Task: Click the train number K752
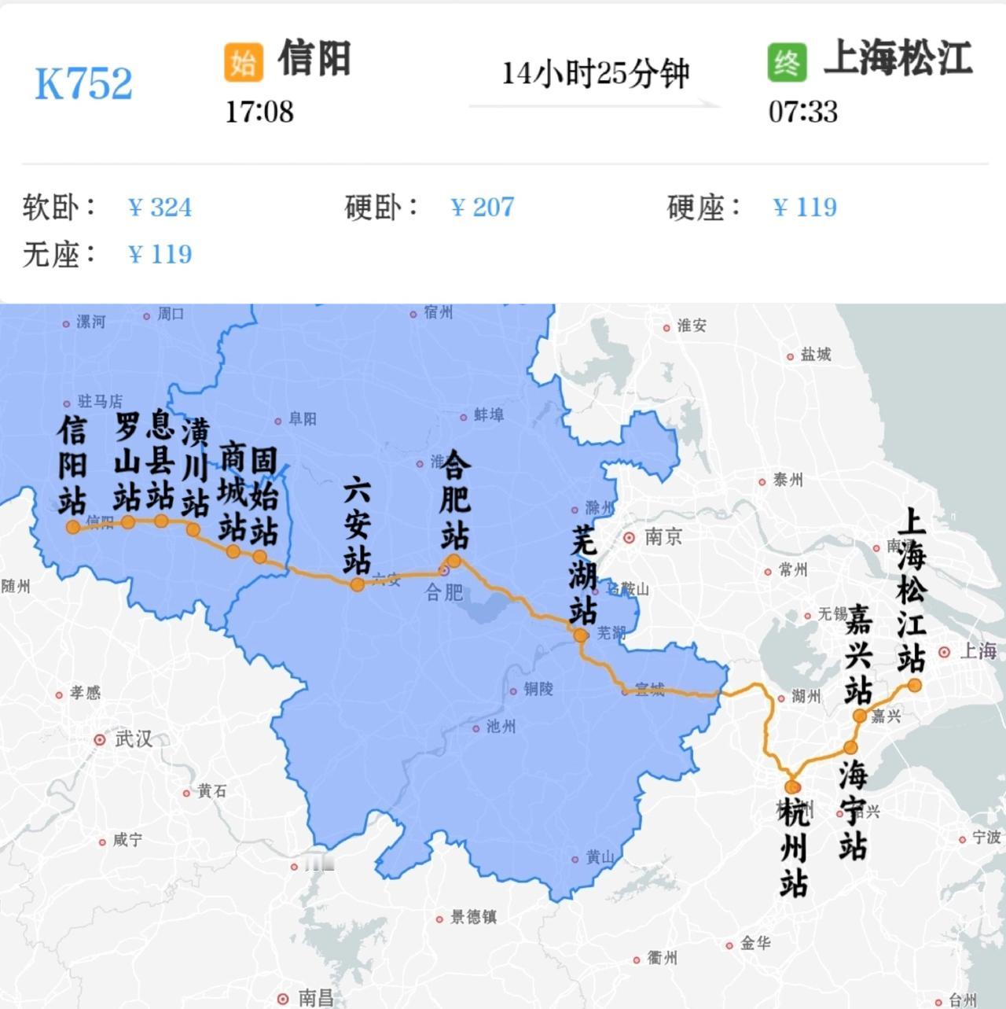83,83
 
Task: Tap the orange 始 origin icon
243,62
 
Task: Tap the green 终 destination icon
787,62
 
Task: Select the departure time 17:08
259,112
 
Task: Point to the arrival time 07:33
802,112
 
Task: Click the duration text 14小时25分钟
595,74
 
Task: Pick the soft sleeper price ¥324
160,208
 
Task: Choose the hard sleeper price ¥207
482,208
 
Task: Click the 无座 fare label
58,254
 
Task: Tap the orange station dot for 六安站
357,584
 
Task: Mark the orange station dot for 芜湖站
581,635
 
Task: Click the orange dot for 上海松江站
914,686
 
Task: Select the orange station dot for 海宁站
850,748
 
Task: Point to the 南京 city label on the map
663,537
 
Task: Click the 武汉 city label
133,739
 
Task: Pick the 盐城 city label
815,355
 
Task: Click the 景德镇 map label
473,917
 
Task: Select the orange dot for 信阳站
73,527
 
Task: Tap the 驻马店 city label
100,402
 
